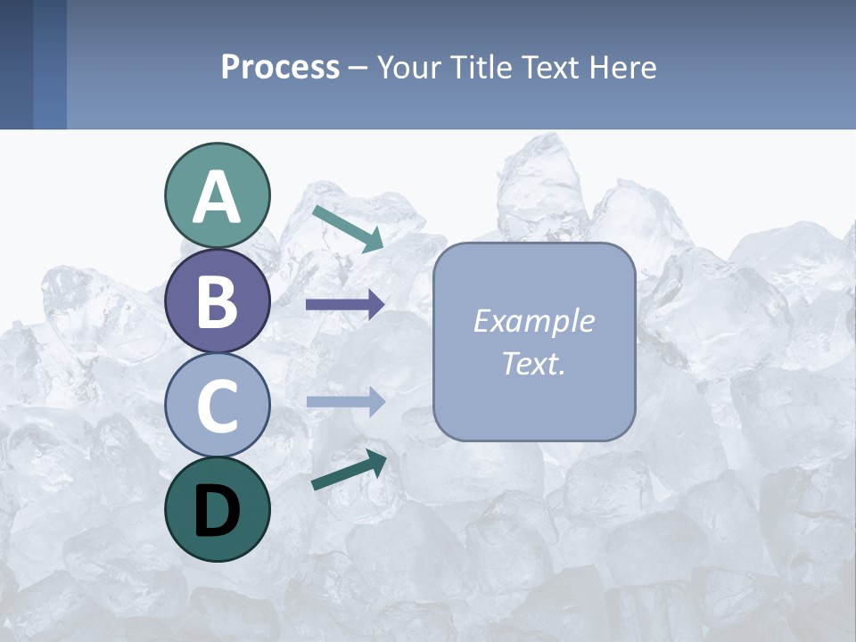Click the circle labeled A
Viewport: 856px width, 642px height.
(217, 195)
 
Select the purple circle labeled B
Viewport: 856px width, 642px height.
(217, 300)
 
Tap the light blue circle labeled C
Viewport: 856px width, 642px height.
(217, 405)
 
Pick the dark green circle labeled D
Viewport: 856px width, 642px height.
(217, 509)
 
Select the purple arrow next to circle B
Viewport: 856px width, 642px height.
(345, 305)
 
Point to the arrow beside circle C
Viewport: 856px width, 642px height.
(345, 402)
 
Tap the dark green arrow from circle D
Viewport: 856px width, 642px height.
(349, 470)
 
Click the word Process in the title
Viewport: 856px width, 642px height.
(280, 67)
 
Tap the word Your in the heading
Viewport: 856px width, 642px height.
(407, 67)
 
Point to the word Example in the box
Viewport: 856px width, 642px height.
(533, 321)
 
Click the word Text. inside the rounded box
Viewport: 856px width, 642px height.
(533, 364)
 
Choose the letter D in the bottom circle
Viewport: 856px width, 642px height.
(217, 510)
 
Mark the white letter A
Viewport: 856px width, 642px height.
(217, 197)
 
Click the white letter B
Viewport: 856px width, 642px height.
(217, 301)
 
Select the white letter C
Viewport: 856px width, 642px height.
(217, 406)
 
